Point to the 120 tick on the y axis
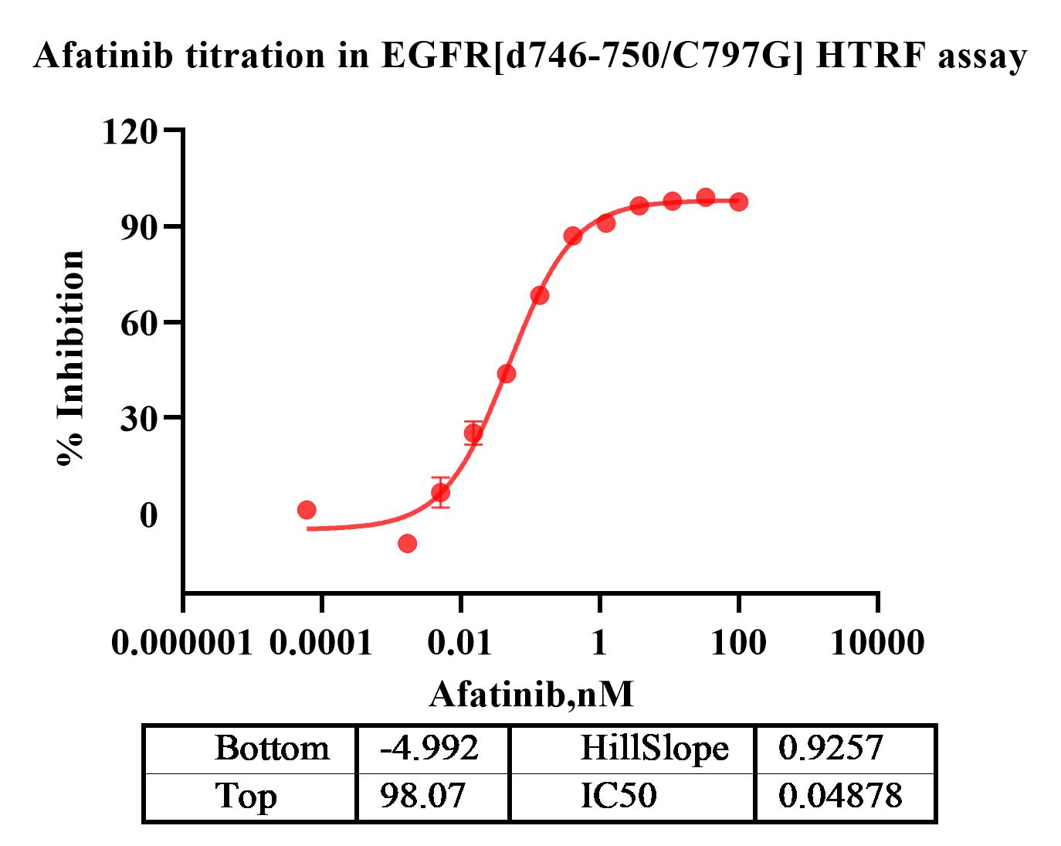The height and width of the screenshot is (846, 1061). pyautogui.click(x=130, y=131)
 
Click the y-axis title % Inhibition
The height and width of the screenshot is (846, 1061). pyautogui.click(x=70, y=358)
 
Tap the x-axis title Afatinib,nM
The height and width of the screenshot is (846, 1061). pyautogui.click(x=531, y=694)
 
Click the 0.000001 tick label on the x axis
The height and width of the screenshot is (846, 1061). pyautogui.click(x=182, y=642)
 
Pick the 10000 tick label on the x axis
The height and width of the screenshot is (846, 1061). pyautogui.click(x=877, y=642)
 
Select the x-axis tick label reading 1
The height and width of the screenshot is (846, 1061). pyautogui.click(x=599, y=642)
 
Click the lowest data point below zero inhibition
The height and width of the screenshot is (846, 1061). pyautogui.click(x=407, y=543)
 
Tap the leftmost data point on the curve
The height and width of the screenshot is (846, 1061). pyautogui.click(x=307, y=510)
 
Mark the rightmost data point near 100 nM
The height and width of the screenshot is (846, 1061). pyautogui.click(x=739, y=202)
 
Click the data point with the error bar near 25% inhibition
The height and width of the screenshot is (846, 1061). pyautogui.click(x=473, y=433)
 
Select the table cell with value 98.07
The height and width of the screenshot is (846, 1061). pyautogui.click(x=423, y=795)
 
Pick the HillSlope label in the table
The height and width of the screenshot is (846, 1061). pyautogui.click(x=654, y=748)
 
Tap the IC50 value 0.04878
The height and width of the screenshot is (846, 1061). pyautogui.click(x=840, y=795)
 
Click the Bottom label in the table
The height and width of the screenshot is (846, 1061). pyautogui.click(x=272, y=748)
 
